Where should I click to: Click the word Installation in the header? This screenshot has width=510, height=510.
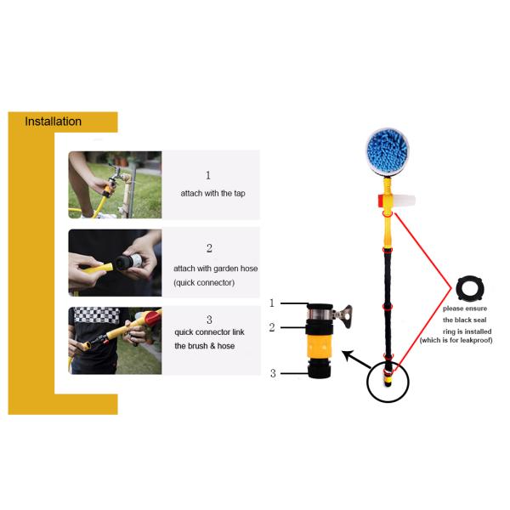click(53, 122)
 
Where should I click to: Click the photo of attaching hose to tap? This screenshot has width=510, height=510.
click(115, 184)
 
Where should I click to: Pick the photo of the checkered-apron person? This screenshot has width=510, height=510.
click(115, 340)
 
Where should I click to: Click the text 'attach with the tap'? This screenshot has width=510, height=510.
click(212, 194)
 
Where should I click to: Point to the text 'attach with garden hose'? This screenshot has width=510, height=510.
click(215, 269)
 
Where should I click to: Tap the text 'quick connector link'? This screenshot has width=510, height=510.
click(209, 332)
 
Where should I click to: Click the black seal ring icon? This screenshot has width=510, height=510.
click(469, 290)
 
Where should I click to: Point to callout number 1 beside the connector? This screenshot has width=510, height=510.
click(272, 303)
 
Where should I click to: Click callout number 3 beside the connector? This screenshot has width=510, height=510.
click(273, 373)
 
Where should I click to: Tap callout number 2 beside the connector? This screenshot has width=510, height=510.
click(272, 326)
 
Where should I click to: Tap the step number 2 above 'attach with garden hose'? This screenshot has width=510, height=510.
click(209, 248)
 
